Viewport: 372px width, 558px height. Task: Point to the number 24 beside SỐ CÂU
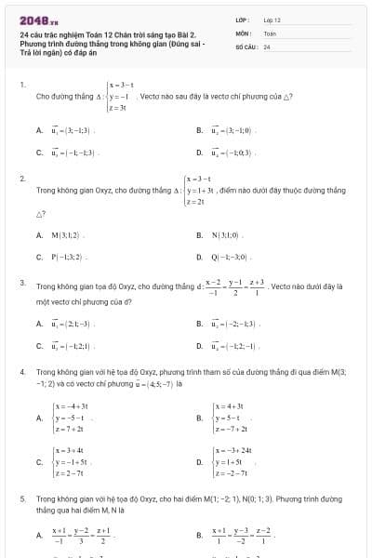[x=267, y=46]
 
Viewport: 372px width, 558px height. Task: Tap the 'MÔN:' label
[x=241, y=33]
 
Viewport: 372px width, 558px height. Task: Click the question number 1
[x=21, y=85]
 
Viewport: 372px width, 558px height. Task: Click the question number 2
[x=21, y=177]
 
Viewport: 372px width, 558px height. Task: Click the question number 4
[x=21, y=370]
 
